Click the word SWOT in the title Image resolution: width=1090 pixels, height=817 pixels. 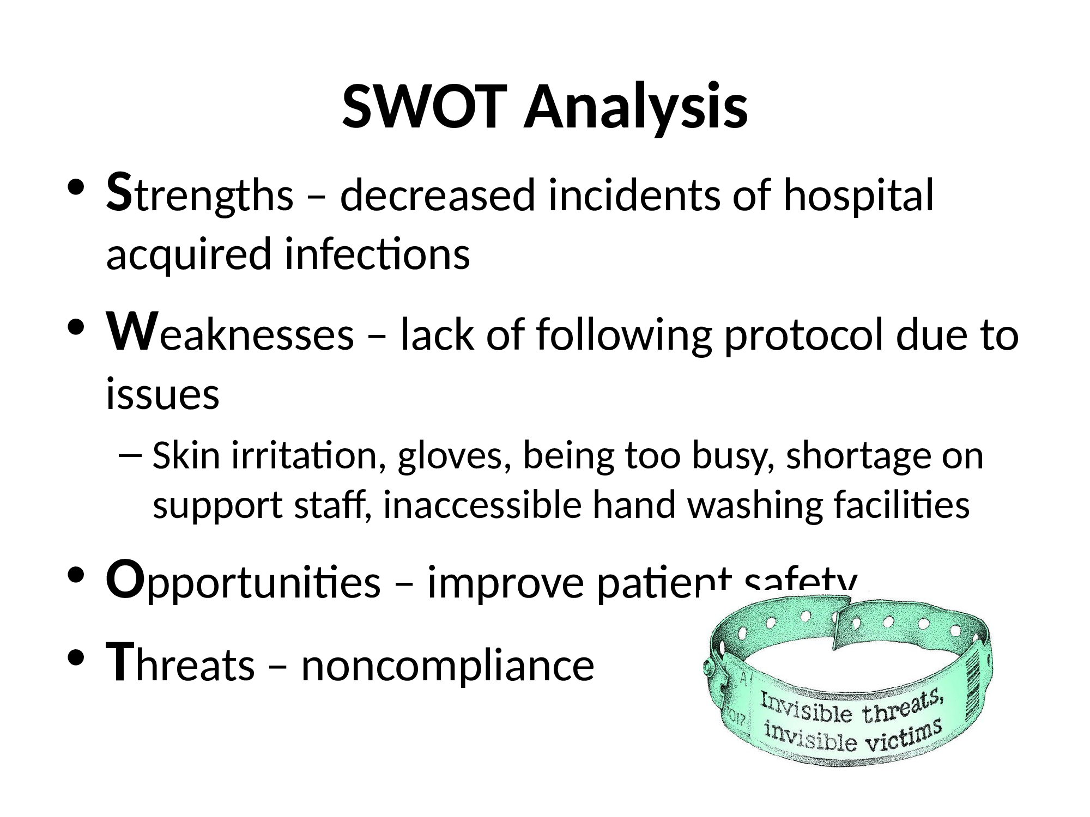click(427, 107)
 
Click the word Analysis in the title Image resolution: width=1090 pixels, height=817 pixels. click(635, 109)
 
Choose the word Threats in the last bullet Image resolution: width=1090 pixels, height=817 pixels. click(181, 664)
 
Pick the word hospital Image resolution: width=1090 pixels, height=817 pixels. click(859, 197)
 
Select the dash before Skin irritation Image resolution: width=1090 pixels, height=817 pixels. click(130, 457)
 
